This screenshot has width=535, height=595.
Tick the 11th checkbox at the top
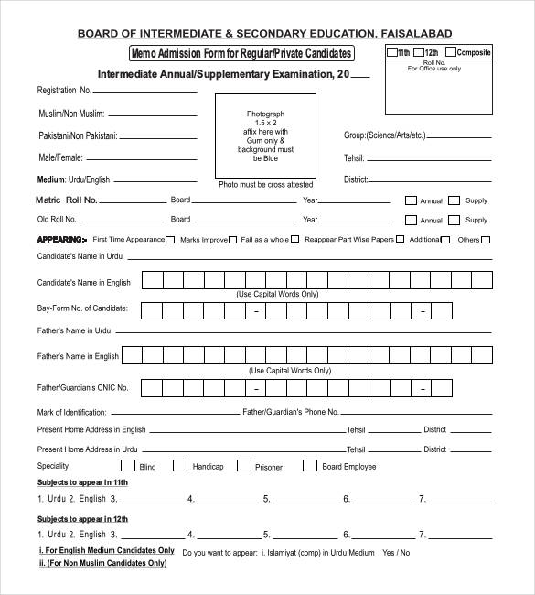tap(392, 52)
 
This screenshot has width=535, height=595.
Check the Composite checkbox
tap(450, 52)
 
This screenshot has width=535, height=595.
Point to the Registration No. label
tap(64, 91)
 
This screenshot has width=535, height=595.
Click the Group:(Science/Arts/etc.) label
tap(385, 135)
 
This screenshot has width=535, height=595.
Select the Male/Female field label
tap(61, 157)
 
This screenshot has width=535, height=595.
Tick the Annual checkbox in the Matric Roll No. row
tap(411, 200)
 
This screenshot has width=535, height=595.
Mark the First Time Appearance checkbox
tap(171, 240)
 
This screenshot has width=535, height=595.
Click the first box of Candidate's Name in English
tap(152, 280)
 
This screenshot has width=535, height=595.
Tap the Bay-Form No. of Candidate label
tap(82, 308)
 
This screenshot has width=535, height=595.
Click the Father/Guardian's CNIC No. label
tap(82, 388)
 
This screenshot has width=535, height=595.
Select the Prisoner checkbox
tap(243, 466)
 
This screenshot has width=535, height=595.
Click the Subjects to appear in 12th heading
tap(82, 519)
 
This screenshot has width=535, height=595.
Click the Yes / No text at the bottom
tap(396, 553)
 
